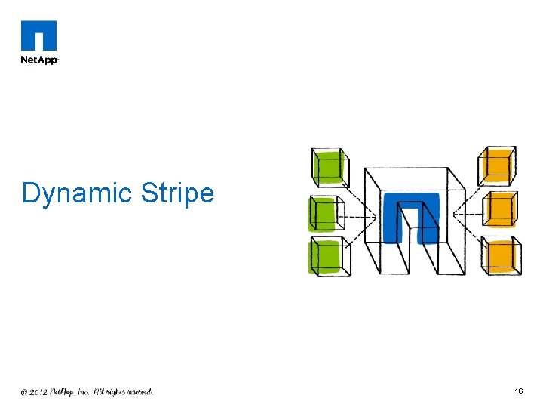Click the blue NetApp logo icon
(38, 36)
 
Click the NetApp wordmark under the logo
(38, 60)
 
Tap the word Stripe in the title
(177, 193)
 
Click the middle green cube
(326, 215)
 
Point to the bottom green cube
(329, 257)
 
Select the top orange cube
(498, 165)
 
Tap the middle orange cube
(499, 209)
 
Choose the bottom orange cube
(502, 255)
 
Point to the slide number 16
(519, 391)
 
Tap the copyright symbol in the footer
(24, 392)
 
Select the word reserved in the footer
(137, 392)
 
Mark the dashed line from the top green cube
(360, 198)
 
